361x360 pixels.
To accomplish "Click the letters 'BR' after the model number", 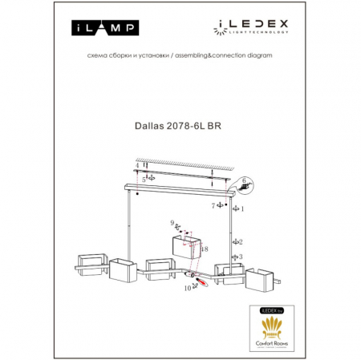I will [216, 125].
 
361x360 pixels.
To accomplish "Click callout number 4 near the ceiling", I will [138, 165].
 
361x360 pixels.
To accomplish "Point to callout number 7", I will [213, 206].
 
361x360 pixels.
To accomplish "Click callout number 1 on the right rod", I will [242, 208].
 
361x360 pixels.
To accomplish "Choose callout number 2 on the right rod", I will [241, 241].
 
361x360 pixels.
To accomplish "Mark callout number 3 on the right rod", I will [241, 257].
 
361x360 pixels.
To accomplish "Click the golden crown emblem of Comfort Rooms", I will [274, 325].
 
